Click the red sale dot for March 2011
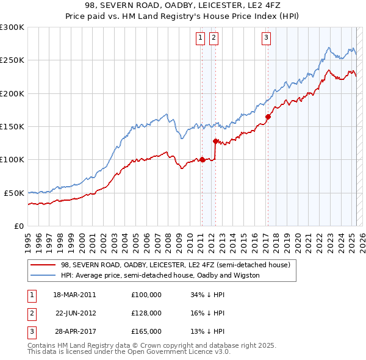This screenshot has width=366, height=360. coord(202,160)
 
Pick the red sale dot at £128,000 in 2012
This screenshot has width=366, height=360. coord(215,141)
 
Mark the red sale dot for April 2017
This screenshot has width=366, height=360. coord(268,117)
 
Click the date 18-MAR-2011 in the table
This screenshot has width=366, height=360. coord(74,294)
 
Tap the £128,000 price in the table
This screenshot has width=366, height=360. coord(146,313)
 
